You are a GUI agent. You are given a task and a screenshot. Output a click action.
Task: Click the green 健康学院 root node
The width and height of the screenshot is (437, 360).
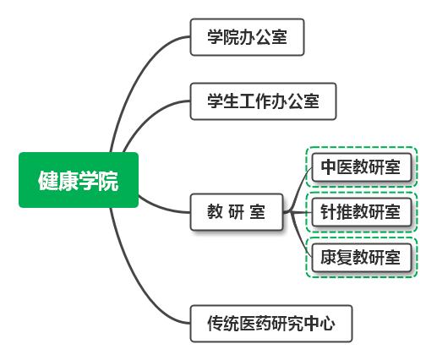click(79, 180)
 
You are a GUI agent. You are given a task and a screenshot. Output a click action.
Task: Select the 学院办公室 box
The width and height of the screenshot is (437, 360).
click(247, 37)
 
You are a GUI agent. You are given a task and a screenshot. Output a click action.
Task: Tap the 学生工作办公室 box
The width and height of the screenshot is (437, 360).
click(263, 101)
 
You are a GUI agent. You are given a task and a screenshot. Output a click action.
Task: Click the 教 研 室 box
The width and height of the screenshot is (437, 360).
click(237, 212)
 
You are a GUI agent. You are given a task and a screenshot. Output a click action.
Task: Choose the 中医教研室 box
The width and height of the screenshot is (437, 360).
click(362, 167)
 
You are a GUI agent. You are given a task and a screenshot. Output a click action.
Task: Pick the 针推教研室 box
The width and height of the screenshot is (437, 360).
click(362, 212)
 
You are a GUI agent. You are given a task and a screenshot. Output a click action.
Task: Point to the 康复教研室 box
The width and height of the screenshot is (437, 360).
click(362, 258)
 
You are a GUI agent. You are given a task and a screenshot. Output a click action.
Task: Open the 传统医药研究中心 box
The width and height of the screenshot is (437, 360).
click(271, 324)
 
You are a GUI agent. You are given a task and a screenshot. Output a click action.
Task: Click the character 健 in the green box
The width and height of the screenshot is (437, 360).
click(48, 181)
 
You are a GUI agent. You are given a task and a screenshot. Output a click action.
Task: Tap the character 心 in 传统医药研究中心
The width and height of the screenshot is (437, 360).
click(327, 324)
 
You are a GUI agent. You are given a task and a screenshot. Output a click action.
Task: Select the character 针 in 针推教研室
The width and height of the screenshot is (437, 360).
click(329, 212)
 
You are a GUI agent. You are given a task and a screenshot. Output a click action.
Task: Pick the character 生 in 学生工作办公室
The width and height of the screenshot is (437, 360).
click(231, 101)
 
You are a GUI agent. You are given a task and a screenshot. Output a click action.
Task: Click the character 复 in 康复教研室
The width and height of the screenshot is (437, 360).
click(345, 257)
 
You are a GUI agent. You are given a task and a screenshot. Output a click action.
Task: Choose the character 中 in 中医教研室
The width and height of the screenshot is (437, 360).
click(329, 166)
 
